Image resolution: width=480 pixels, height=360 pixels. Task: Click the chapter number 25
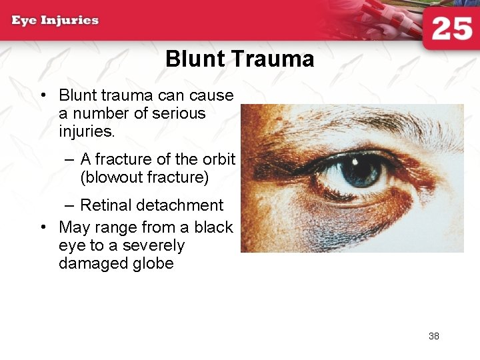(451, 29)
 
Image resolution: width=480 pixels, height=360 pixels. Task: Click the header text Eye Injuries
(55, 20)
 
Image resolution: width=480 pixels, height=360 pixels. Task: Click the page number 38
(434, 336)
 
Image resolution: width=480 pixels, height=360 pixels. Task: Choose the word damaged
(93, 263)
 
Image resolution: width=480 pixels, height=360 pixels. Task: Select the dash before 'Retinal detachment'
(71, 205)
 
